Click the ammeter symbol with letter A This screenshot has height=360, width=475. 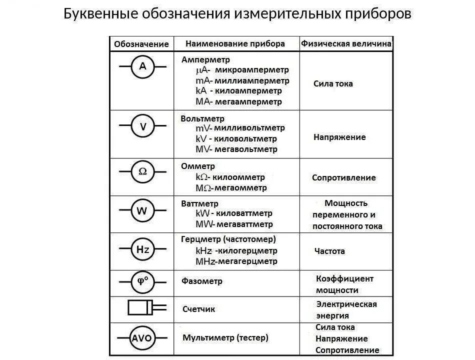click(x=142, y=66)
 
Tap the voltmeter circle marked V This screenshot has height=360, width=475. click(x=142, y=127)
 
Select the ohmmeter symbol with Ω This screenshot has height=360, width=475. click(x=142, y=171)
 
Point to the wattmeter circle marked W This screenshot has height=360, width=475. click(x=142, y=211)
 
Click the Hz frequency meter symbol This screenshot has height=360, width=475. click(x=142, y=249)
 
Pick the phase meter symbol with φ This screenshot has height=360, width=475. click(x=142, y=281)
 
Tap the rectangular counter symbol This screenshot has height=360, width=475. click(x=141, y=307)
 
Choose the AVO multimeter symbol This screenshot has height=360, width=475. click(x=142, y=338)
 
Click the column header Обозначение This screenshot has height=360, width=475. click(x=141, y=44)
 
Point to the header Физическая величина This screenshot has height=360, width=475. click(x=346, y=43)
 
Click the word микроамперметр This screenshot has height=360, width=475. click(x=251, y=70)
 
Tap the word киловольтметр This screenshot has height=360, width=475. click(x=246, y=138)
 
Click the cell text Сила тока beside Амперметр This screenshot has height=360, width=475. click(x=333, y=83)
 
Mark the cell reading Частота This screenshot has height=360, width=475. click(x=329, y=251)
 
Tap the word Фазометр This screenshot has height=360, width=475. click(x=202, y=281)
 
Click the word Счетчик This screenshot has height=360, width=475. click(x=198, y=309)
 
